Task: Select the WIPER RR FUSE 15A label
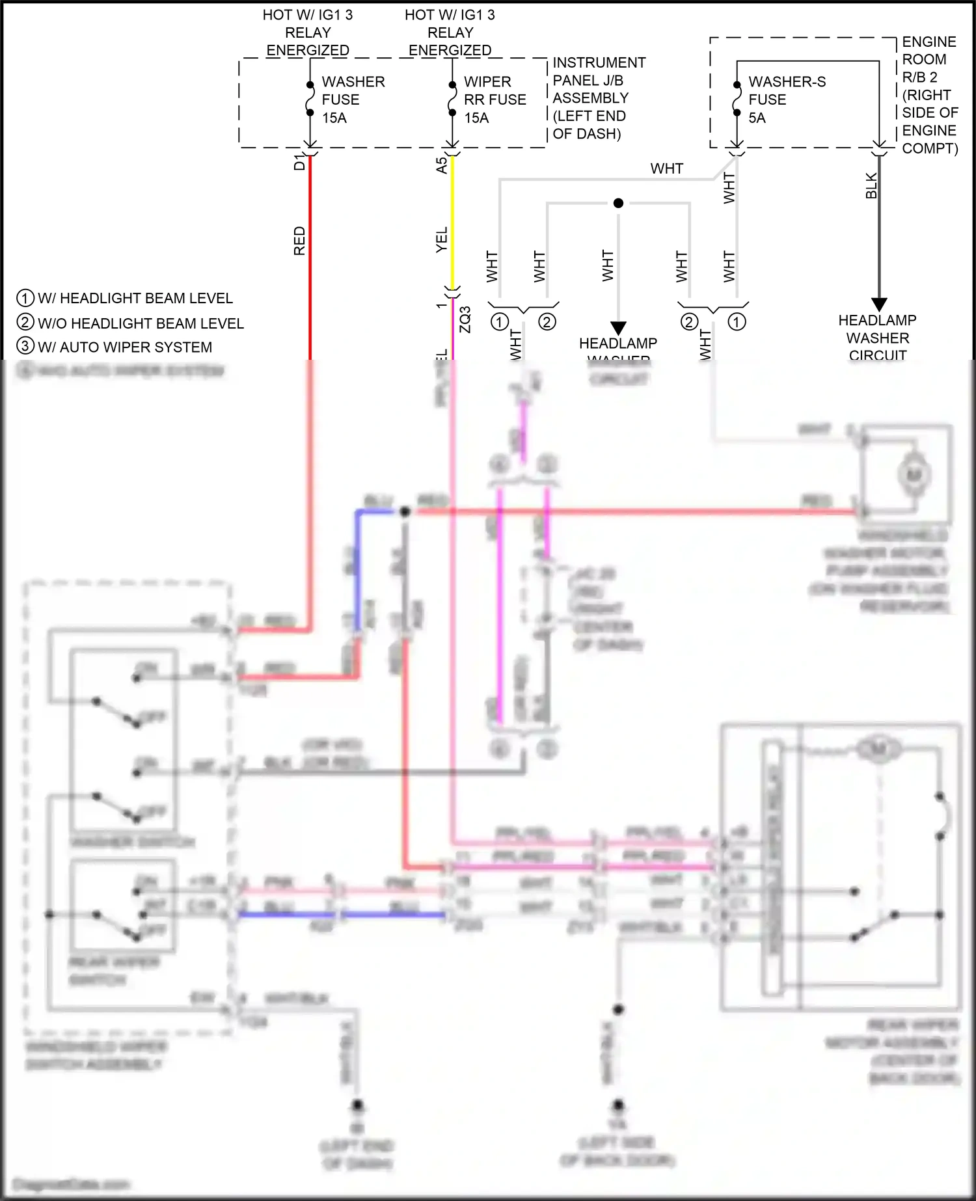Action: (494, 100)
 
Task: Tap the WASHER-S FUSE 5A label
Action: (786, 100)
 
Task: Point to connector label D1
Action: (299, 162)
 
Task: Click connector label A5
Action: (442, 165)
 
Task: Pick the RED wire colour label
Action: (299, 241)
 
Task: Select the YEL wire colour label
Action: (442, 240)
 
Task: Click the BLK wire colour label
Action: (871, 186)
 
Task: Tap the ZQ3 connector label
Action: (465, 319)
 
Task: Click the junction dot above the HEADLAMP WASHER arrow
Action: (618, 203)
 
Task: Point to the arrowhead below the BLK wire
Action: (878, 304)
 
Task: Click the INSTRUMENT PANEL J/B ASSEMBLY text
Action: (598, 98)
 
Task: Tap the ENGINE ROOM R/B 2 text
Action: (929, 95)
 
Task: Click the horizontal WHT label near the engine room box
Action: (666, 169)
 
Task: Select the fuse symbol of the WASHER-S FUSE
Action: (737, 99)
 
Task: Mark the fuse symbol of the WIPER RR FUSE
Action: (452, 99)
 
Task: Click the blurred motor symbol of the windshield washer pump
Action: (914, 475)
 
